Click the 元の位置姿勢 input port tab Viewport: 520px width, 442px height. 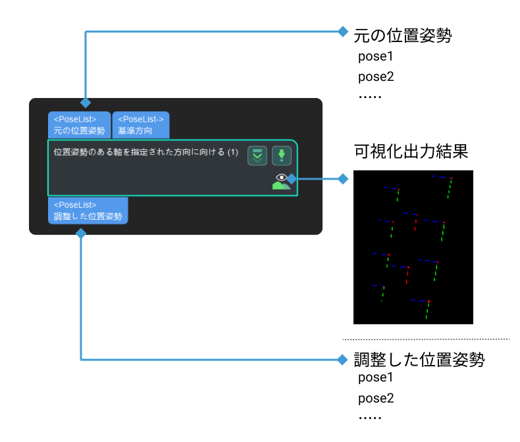pos(79,125)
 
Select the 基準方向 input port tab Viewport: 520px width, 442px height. pos(141,125)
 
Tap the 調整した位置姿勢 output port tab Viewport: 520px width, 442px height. pos(88,210)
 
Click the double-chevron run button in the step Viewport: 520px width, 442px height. pos(257,155)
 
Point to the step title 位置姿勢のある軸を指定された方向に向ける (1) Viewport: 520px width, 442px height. pos(146,152)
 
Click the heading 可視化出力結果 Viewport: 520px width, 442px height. pos(411,151)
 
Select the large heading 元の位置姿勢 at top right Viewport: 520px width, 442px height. pos(403,36)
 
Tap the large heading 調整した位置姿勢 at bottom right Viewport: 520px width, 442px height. pos(419,360)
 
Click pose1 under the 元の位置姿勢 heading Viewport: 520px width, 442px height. pos(375,57)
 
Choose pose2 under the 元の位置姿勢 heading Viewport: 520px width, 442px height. pos(376,77)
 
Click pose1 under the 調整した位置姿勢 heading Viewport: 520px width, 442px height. pos(375,378)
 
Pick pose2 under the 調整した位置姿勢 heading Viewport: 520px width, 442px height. pos(376,399)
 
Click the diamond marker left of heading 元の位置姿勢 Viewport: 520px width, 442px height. pos(343,32)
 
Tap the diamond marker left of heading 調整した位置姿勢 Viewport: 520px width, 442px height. pos(342,360)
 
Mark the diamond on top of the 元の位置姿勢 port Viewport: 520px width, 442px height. pos(86,103)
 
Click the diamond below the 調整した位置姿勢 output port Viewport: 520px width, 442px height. pos(81,233)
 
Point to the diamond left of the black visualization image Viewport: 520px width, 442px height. pos(343,179)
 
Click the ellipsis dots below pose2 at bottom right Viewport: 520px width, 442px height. pos(370,418)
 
